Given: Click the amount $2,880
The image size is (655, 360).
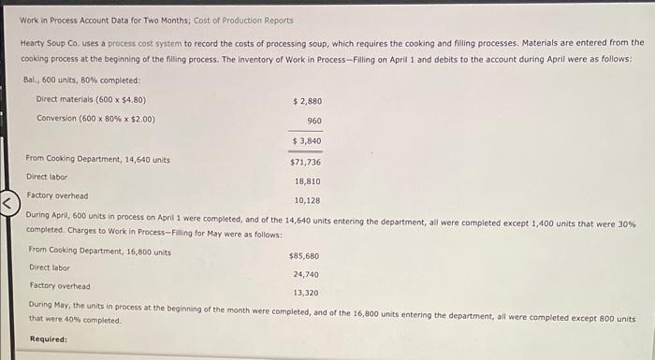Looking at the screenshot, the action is (x=308, y=100).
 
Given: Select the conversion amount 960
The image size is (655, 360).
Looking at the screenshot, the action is (x=313, y=121).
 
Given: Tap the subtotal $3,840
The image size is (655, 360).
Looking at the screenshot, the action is (x=308, y=140).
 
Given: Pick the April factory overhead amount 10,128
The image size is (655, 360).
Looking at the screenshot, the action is (x=308, y=201).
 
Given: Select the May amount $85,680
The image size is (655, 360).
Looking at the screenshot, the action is (x=305, y=255).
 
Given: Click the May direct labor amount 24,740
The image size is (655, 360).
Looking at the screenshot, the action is (x=306, y=275).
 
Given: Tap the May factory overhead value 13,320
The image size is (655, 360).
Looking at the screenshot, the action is (x=306, y=293).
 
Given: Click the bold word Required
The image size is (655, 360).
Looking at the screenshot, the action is (x=49, y=338).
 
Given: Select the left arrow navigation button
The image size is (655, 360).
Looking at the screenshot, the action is (x=9, y=201).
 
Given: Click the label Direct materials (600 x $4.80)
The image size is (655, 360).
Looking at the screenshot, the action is (x=91, y=99).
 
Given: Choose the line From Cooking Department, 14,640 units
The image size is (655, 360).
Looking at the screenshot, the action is (x=98, y=159).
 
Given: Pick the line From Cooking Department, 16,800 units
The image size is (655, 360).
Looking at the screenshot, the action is (x=100, y=251).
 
